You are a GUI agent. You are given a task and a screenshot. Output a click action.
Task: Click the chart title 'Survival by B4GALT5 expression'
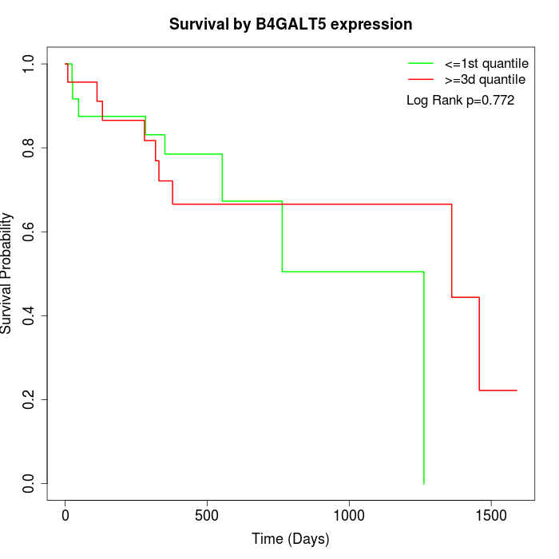(x=291, y=25)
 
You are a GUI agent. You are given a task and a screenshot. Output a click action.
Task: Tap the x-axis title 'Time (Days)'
(x=291, y=539)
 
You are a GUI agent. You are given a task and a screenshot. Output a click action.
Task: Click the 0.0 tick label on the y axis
(x=30, y=483)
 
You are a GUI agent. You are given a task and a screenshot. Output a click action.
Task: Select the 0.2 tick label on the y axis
(x=30, y=399)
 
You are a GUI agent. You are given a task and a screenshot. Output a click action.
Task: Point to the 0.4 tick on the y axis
(x=30, y=315)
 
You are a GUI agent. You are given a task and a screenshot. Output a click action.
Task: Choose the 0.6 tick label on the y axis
(x=30, y=232)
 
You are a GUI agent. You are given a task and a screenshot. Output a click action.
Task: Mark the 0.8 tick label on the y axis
(x=30, y=148)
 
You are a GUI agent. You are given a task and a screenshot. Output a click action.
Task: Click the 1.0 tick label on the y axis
(x=30, y=64)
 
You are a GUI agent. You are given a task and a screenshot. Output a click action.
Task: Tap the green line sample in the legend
(x=421, y=64)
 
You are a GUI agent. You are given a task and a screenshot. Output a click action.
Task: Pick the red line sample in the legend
(x=421, y=79)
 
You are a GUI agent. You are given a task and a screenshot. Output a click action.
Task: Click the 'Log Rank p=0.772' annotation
(x=460, y=101)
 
